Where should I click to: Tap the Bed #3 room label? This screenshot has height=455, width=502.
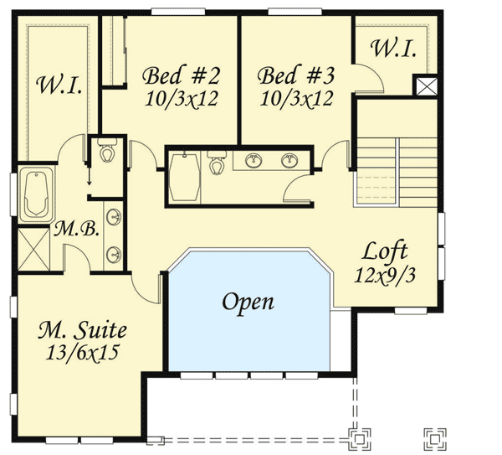point(295,75)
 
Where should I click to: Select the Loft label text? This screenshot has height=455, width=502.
point(385,251)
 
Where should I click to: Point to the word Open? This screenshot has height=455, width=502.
point(248,302)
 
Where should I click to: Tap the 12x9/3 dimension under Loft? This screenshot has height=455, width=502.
point(384,274)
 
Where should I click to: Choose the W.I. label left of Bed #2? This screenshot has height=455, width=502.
point(59,85)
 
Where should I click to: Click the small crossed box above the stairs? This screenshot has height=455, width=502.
point(427,85)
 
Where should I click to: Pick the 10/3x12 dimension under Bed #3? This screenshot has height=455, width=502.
point(295,98)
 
